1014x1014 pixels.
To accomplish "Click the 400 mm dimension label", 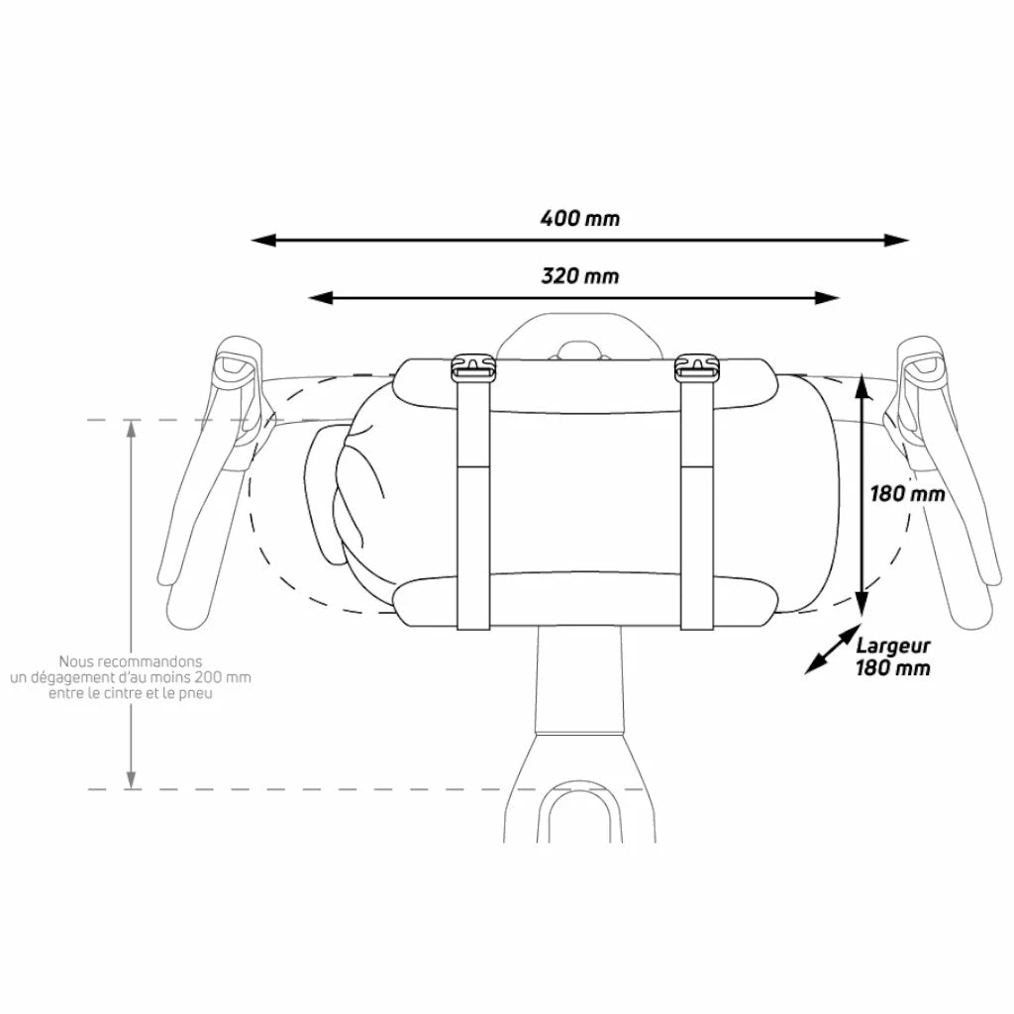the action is point(580,218).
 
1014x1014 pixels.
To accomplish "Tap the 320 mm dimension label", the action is point(580,276).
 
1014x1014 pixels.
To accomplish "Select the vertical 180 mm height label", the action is point(907,494).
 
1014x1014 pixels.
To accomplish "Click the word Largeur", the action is point(893,646).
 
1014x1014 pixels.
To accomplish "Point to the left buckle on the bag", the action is point(472,368).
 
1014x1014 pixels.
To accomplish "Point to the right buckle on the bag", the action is point(696,368).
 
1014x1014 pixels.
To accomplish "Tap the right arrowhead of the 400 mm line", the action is point(897,241).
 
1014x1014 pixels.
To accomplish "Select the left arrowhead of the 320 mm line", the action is point(320,298).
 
